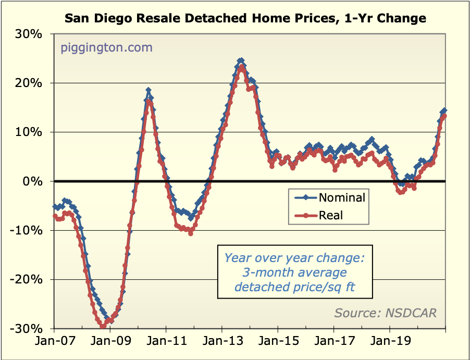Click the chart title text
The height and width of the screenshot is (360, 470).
[245, 19]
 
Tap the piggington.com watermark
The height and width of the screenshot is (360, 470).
[106, 48]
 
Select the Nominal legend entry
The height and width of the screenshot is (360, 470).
[342, 197]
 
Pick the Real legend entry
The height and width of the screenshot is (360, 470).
[331, 215]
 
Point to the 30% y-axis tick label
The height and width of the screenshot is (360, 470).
[31, 34]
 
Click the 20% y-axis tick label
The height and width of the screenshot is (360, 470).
[31, 83]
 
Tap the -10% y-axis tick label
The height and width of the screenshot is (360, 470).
[29, 230]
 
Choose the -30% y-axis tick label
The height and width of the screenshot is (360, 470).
[29, 329]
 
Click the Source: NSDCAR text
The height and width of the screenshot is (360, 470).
[386, 313]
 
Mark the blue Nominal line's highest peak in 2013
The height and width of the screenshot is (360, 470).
[241, 61]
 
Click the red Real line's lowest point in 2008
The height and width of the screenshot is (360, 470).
[102, 327]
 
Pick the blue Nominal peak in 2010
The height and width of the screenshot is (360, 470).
[149, 91]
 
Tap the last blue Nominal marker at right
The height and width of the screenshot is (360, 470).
[444, 110]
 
